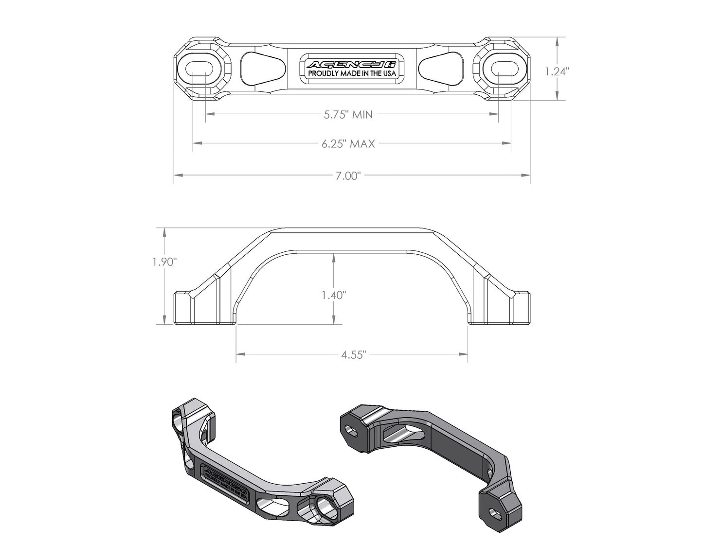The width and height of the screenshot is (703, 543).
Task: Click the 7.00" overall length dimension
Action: coord(347,176)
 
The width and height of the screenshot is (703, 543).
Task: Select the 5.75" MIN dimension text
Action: coord(348,115)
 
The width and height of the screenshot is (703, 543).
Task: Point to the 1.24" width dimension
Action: coord(557,71)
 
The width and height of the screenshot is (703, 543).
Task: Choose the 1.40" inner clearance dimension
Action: coord(333,295)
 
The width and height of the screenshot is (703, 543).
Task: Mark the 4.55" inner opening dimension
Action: coord(353,355)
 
